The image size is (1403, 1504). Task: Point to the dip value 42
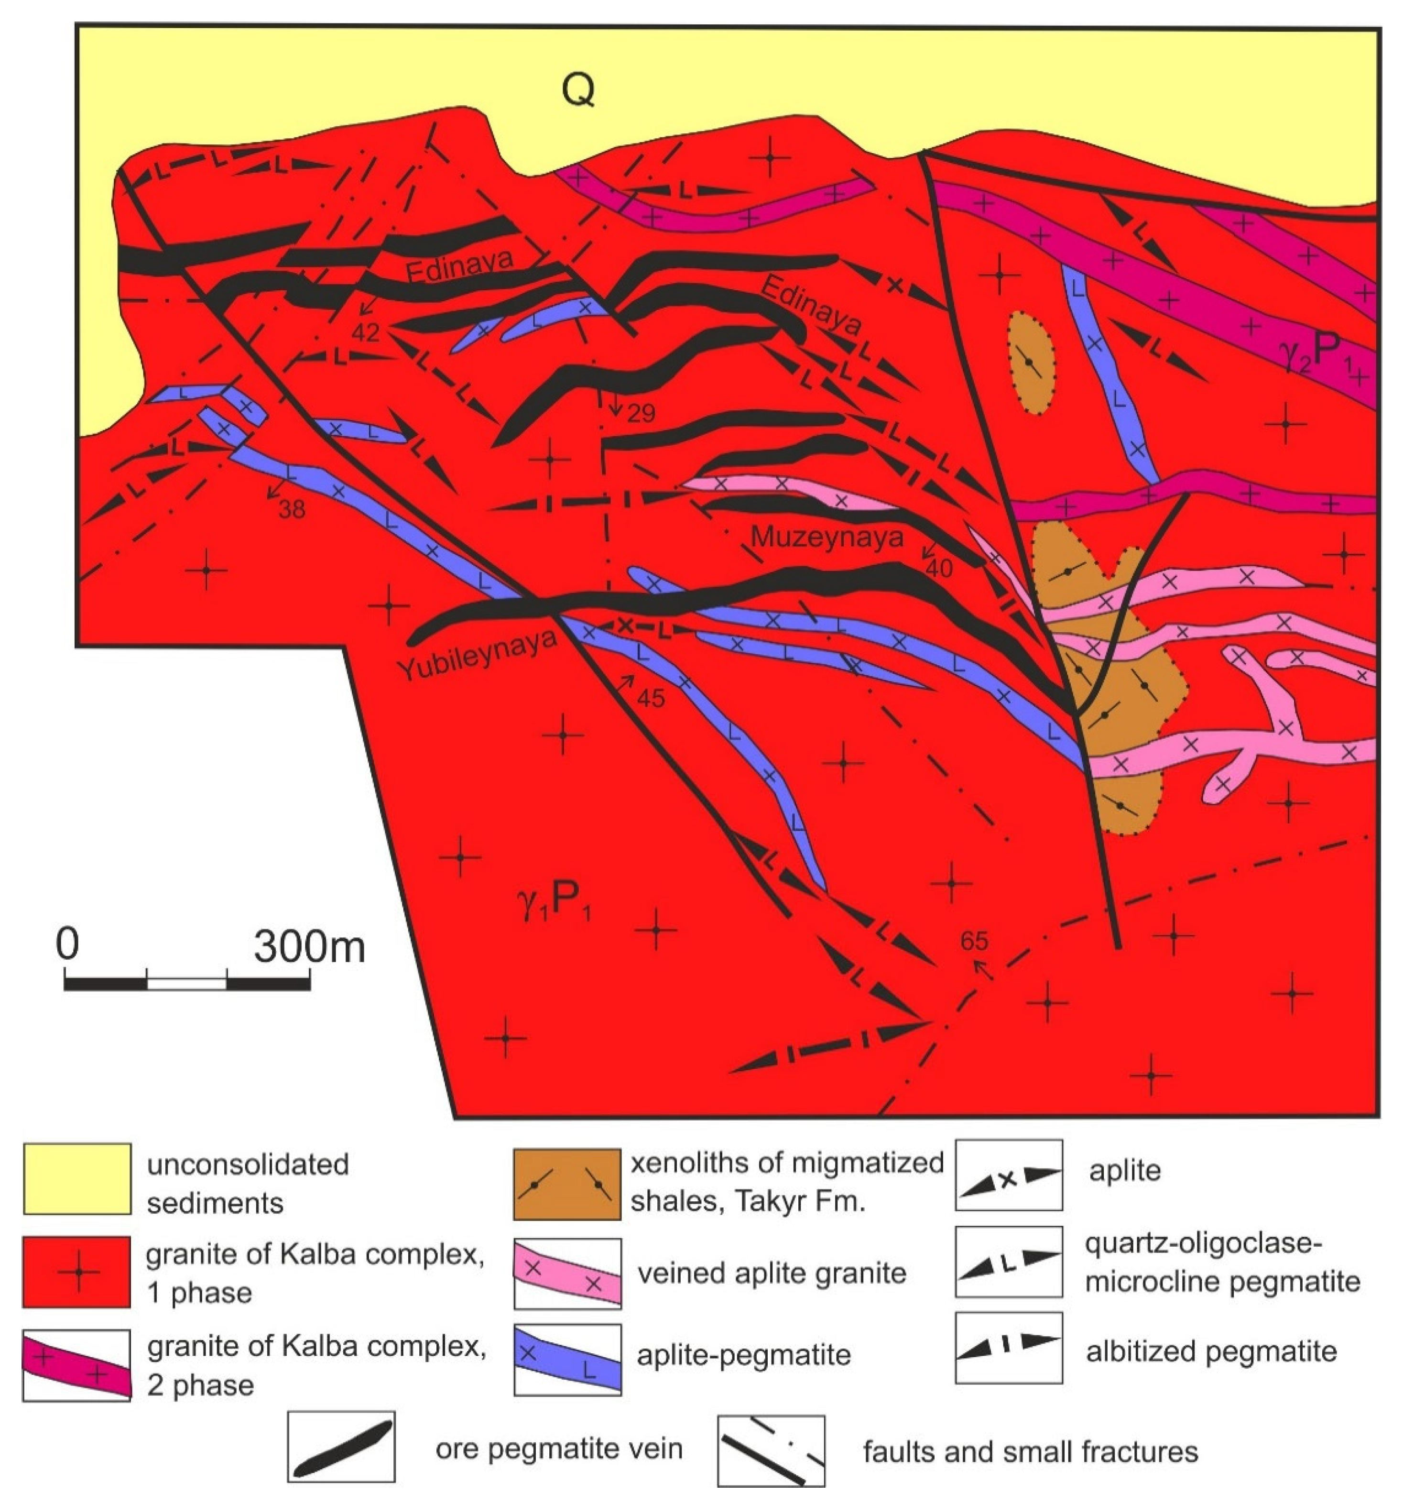[x=365, y=332]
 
